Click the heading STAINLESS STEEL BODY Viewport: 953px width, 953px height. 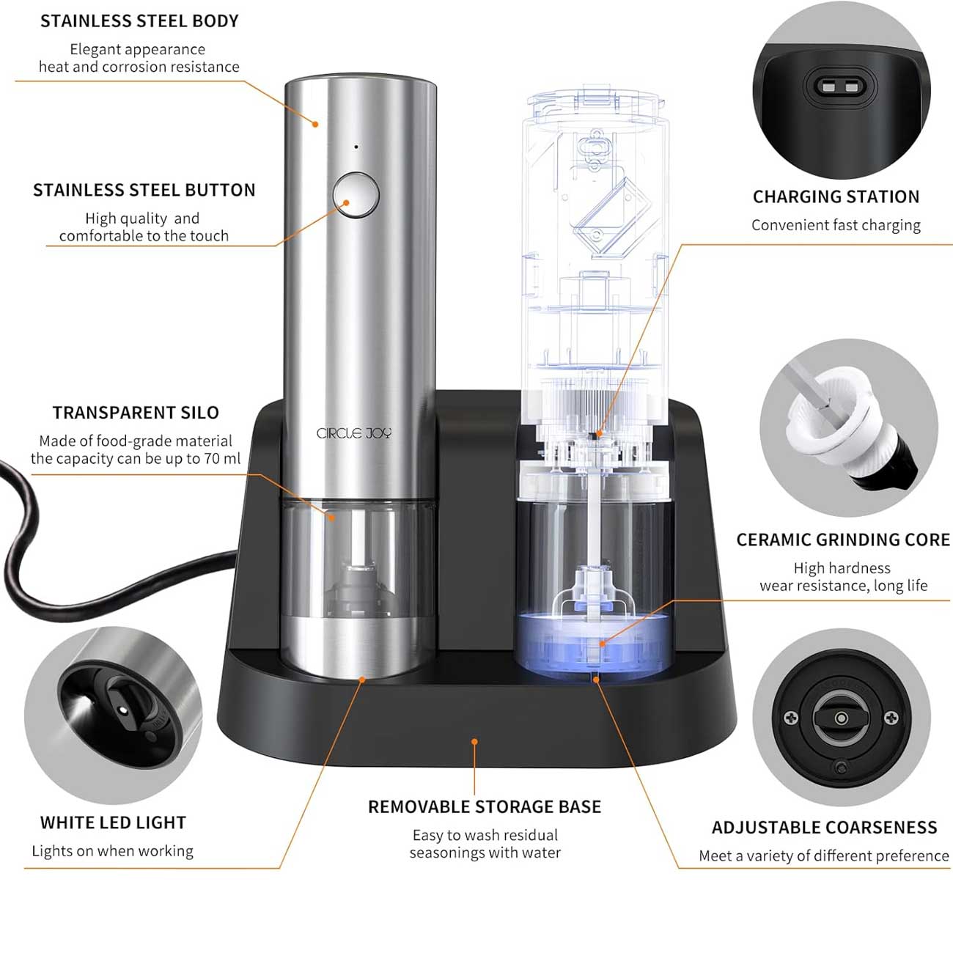139,21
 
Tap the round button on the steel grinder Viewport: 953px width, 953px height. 356,195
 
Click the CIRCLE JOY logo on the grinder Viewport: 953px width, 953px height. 354,434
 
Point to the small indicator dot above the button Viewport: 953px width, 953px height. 356,147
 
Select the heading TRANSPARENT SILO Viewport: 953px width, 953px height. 136,413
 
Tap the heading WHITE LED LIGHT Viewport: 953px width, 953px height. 113,823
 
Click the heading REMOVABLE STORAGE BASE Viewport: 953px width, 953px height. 485,807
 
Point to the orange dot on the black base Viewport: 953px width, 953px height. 474,741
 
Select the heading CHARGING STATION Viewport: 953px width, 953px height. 836,197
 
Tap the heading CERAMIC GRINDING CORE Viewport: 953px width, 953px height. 843,540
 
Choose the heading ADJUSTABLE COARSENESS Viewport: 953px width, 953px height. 825,828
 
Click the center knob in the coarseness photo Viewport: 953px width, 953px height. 841,718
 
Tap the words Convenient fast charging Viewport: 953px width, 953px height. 836,226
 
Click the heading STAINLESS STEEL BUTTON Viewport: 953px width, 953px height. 144,191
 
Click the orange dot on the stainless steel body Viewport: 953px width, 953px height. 315,124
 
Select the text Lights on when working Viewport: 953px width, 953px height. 113,851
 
